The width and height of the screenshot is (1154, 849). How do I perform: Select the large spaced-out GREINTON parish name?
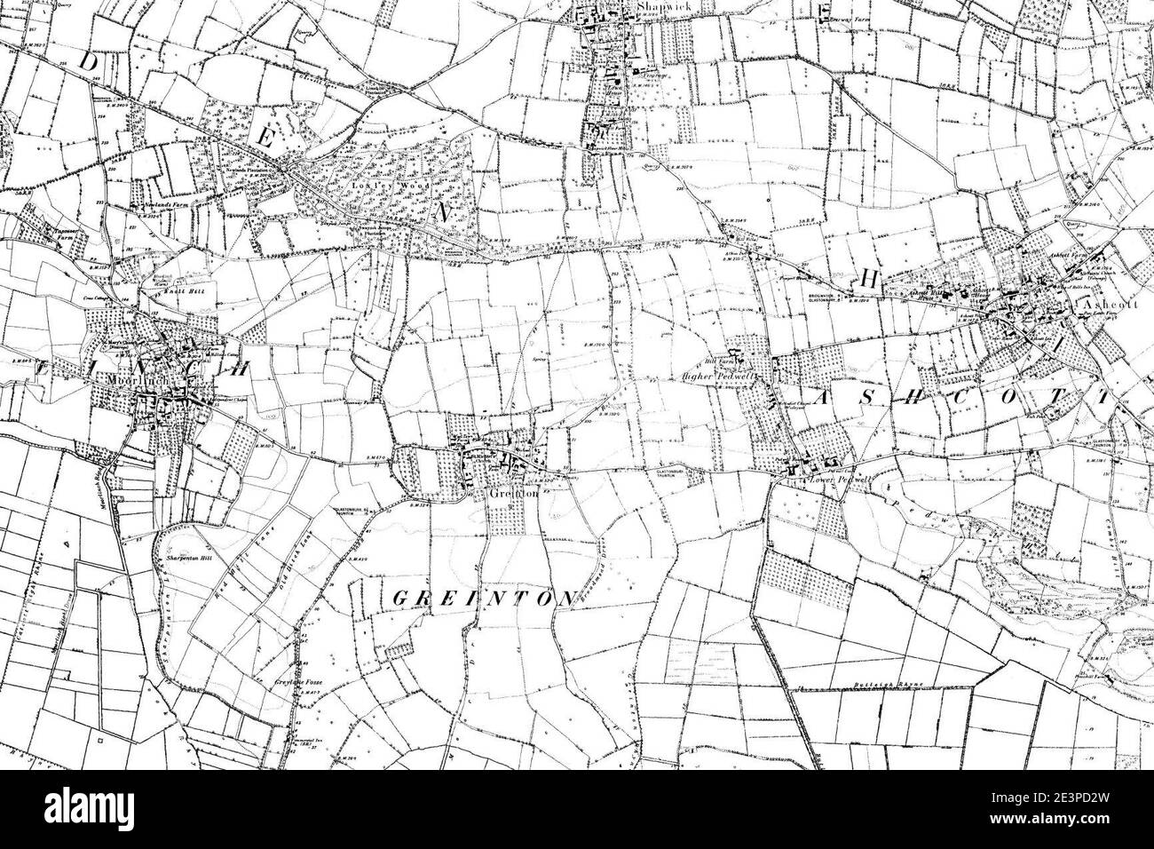pyautogui.click(x=485, y=597)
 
